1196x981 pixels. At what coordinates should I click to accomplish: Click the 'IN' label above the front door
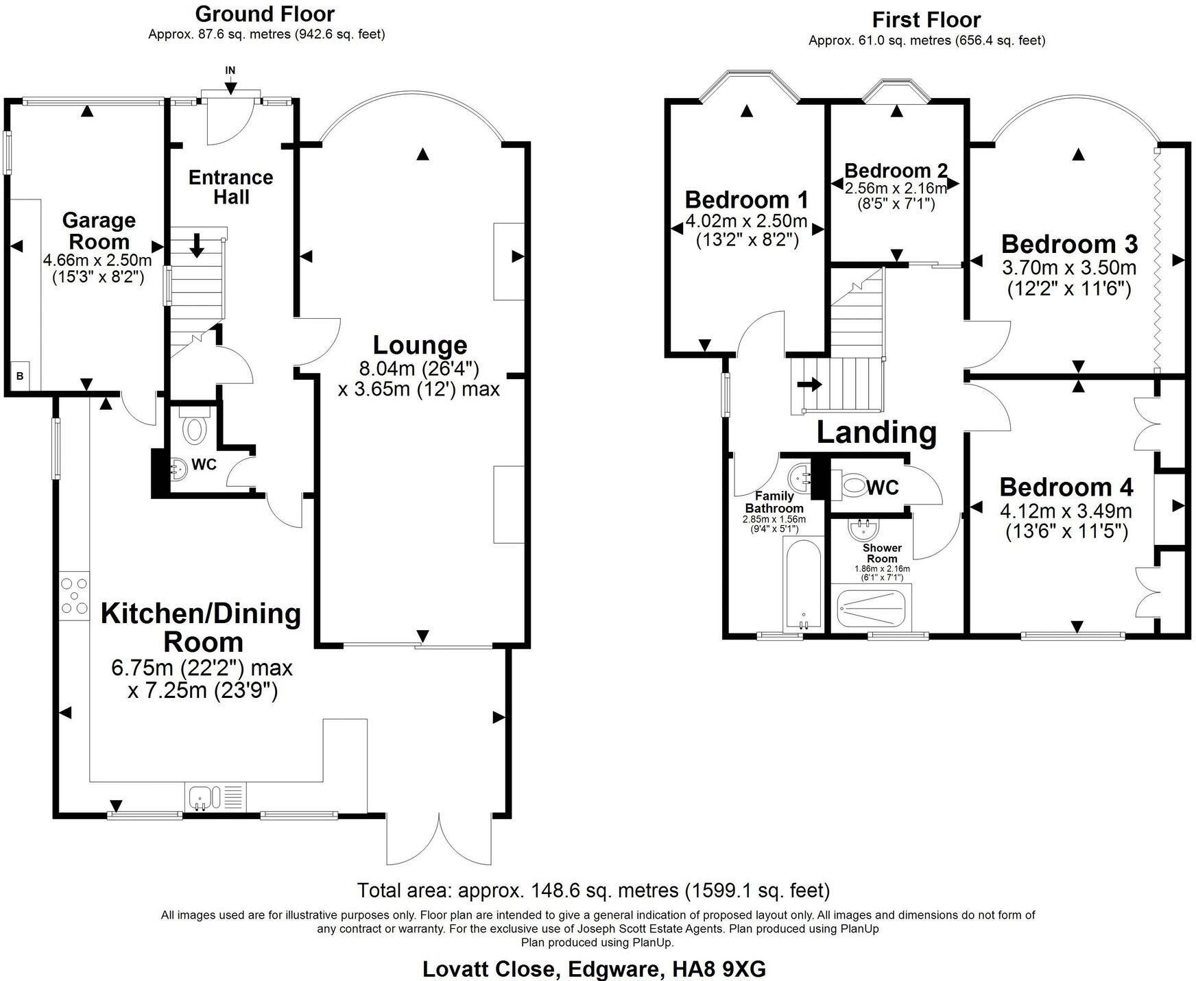pyautogui.click(x=230, y=71)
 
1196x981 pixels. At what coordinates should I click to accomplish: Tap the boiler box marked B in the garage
pyautogui.click(x=20, y=376)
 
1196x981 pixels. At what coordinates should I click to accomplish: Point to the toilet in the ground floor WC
pyautogui.click(x=195, y=429)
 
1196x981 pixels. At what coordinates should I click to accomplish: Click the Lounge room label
pyautogui.click(x=420, y=345)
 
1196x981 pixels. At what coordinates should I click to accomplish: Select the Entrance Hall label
pyautogui.click(x=231, y=187)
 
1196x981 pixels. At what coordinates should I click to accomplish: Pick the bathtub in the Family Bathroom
pyautogui.click(x=802, y=583)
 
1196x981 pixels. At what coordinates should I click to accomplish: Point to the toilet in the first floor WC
pyautogui.click(x=854, y=487)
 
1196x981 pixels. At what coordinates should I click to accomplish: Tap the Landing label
pyautogui.click(x=876, y=433)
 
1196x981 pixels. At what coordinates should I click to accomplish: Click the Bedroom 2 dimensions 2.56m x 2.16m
pyautogui.click(x=896, y=188)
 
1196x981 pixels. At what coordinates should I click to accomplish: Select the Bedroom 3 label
pyautogui.click(x=1069, y=244)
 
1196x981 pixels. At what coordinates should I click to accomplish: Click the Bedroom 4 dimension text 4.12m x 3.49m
pyautogui.click(x=1066, y=511)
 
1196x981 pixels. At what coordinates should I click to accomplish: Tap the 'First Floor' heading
pyautogui.click(x=926, y=19)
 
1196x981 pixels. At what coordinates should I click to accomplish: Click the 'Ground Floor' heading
pyautogui.click(x=265, y=14)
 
